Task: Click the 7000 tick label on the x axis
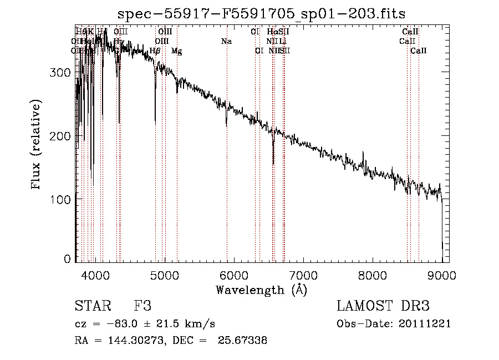pyautogui.click(x=303, y=275)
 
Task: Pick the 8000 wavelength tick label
pyautogui.click(x=372, y=275)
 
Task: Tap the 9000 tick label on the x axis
pyautogui.click(x=441, y=275)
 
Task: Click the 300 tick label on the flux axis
pyautogui.click(x=62, y=73)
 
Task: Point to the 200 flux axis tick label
pyautogui.click(x=62, y=136)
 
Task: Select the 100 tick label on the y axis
pyautogui.click(x=62, y=199)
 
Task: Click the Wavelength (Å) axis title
pyautogui.click(x=261, y=290)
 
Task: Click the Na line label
pyautogui.click(x=226, y=41)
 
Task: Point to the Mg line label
pyautogui.click(x=176, y=51)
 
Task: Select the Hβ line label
pyautogui.click(x=155, y=51)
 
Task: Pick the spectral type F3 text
pyautogui.click(x=142, y=306)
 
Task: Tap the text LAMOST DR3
pyautogui.click(x=383, y=306)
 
